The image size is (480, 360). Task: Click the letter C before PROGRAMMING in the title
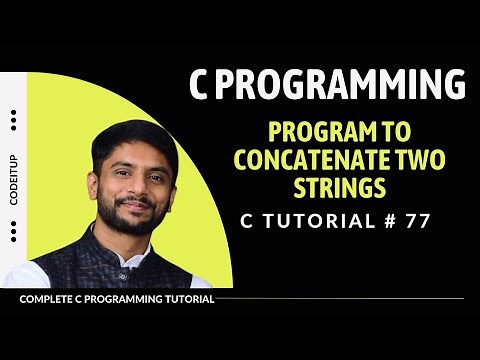click(202, 86)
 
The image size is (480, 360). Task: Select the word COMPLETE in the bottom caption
click(47, 298)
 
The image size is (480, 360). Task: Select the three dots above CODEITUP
click(14, 121)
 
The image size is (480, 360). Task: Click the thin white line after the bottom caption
click(340, 298)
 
